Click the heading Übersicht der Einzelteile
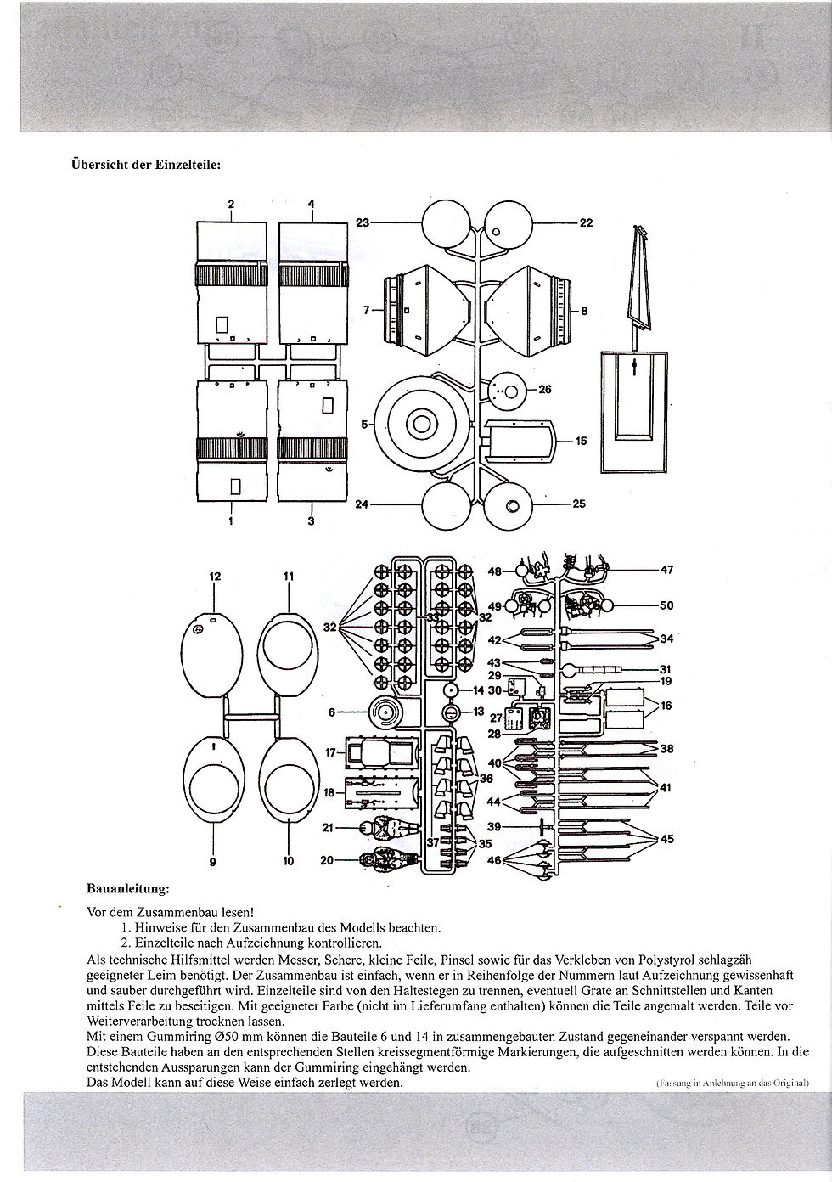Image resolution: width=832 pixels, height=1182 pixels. [x=145, y=164]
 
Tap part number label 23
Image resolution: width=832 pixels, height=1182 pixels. [x=362, y=222]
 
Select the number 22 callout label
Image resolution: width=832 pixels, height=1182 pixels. [x=586, y=222]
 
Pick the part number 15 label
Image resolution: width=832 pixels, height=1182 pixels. [x=581, y=441]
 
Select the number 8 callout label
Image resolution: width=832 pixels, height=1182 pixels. [x=584, y=311]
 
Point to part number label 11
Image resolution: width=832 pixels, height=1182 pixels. [x=288, y=577]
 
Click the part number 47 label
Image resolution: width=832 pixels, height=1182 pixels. [x=666, y=570]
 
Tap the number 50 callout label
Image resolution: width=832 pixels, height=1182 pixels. [x=666, y=605]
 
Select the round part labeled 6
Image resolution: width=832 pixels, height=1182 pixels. [x=385, y=712]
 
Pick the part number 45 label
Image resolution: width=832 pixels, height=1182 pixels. [x=666, y=838]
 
